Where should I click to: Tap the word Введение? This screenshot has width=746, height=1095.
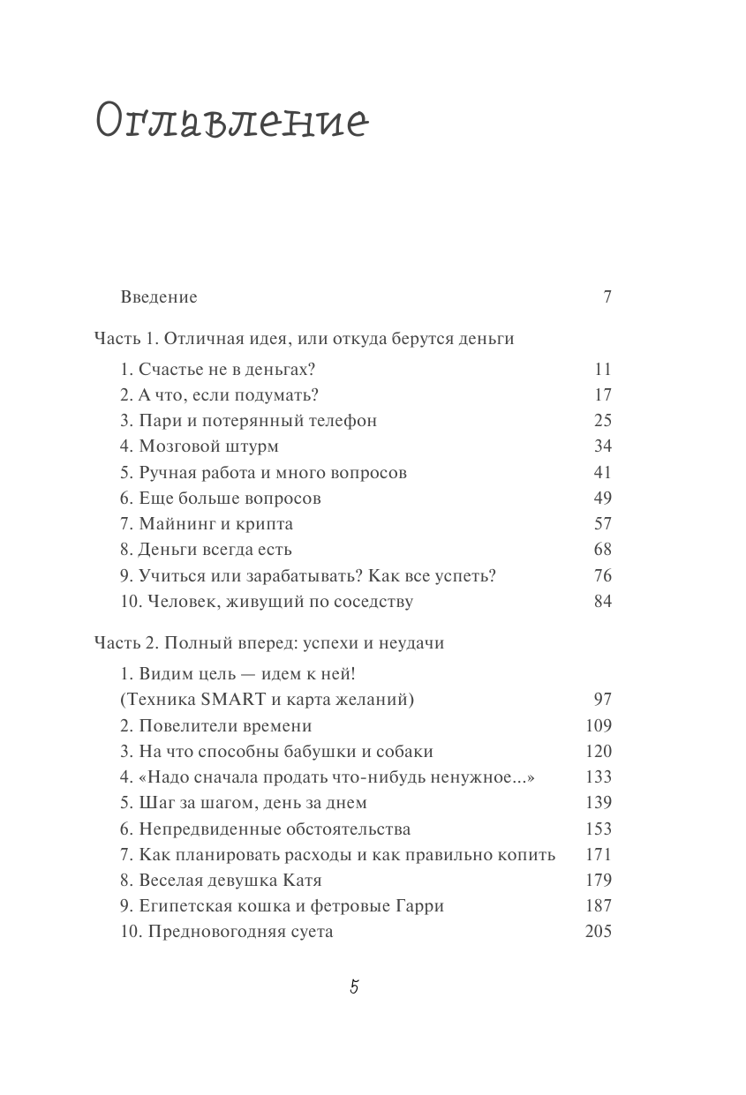pyautogui.click(x=158, y=297)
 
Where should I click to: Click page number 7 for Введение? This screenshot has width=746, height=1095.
pyautogui.click(x=607, y=297)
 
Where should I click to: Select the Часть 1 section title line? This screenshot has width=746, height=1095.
pyautogui.click(x=304, y=339)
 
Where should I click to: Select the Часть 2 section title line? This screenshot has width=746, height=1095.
pyautogui.click(x=269, y=643)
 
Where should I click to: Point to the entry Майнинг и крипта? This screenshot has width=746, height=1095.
pyautogui.click(x=207, y=524)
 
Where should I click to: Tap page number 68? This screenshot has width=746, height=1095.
pyautogui.click(x=602, y=550)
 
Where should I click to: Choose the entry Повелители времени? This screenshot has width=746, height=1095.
pyautogui.click(x=216, y=726)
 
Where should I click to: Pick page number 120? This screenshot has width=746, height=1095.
pyautogui.click(x=598, y=752)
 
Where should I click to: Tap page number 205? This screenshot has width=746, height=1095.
pyautogui.click(x=598, y=932)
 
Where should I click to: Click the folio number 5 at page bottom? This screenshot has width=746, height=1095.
pyautogui.click(x=354, y=988)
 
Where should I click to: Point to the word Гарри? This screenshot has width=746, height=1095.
pyautogui.click(x=419, y=906)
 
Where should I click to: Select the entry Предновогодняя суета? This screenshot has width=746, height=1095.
pyautogui.click(x=227, y=932)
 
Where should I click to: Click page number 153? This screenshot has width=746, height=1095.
pyautogui.click(x=598, y=829)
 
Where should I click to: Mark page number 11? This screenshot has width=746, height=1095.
pyautogui.click(x=602, y=370)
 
